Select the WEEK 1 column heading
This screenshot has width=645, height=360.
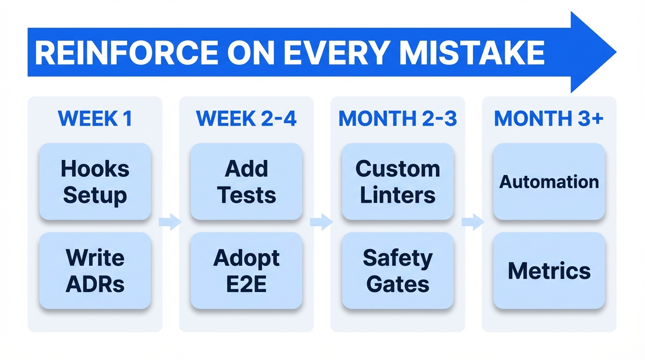pos(95,119)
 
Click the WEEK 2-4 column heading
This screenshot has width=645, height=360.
pos(246,119)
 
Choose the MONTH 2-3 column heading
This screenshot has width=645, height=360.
pos(397,119)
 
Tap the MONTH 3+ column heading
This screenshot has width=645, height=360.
pos(549,119)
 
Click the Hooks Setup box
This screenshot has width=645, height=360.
pos(95,182)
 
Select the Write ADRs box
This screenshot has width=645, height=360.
pos(95,271)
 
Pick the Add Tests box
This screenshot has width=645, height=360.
pos(246,182)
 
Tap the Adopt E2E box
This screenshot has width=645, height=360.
pos(246,271)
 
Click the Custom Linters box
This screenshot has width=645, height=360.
pos(397,182)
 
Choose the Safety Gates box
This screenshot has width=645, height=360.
pos(397,271)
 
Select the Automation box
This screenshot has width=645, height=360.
pos(549,182)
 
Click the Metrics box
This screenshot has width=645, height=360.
pos(549,271)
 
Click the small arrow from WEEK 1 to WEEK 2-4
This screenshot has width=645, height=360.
pos(170,222)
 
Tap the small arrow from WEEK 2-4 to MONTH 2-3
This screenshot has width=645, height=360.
pos(322,222)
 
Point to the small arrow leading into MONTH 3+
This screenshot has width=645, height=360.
pos(473,222)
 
